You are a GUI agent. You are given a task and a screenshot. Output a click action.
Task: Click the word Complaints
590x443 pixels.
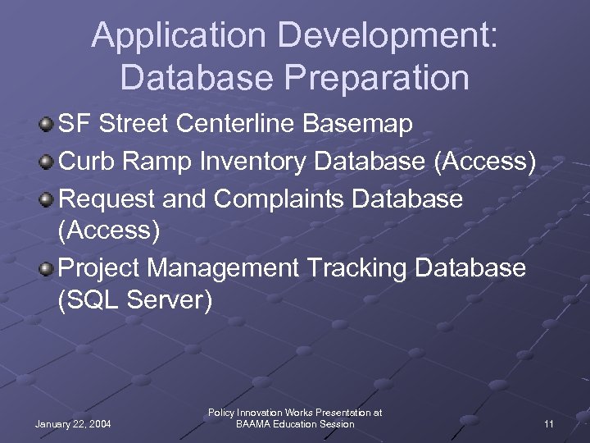292,199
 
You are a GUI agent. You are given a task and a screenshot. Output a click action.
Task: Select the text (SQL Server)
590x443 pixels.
135,301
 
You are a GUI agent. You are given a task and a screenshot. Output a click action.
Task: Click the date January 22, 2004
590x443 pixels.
74,424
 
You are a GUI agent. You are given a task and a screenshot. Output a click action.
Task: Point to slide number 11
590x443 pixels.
549,424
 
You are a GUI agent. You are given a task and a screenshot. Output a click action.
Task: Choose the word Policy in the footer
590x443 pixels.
222,413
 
